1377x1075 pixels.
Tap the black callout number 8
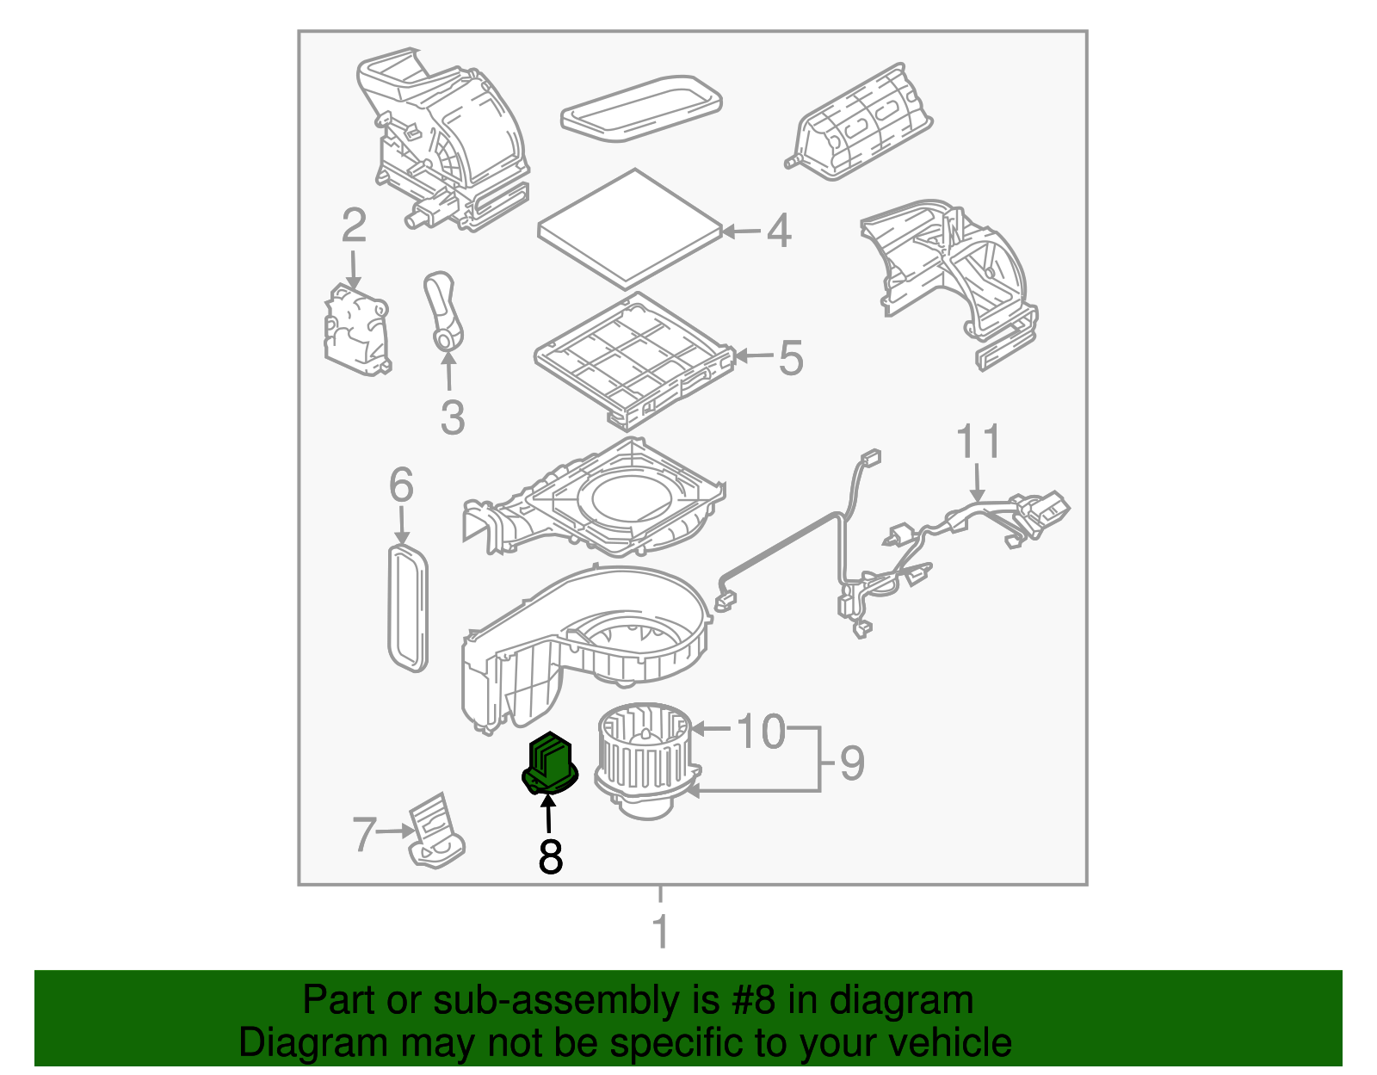pos(550,856)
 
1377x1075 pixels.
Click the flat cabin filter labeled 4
pos(630,228)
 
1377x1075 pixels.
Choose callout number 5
pos(790,357)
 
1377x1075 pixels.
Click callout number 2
pos(354,226)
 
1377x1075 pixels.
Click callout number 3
pos(452,417)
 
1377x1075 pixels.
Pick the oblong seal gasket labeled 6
pos(407,607)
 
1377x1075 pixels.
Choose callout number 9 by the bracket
pos(851,763)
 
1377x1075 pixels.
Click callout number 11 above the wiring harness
pos(979,442)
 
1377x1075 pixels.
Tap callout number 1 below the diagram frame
pos(660,931)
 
